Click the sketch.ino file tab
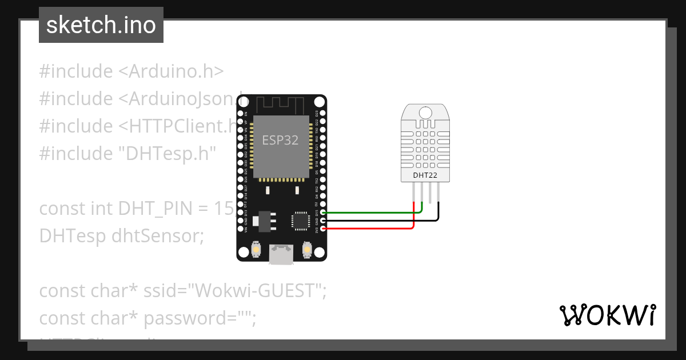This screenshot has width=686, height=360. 101,25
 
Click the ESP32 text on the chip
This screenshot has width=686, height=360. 280,140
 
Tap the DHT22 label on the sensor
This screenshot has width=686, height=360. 425,175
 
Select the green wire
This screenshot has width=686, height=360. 372,213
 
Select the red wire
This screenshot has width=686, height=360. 372,229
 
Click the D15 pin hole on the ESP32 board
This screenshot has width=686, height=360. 323,213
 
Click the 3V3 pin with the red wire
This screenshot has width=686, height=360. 323,229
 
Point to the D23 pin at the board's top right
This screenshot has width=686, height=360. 323,114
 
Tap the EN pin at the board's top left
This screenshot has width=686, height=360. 241,114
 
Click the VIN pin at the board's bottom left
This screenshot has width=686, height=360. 241,229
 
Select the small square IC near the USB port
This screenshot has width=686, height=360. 300,221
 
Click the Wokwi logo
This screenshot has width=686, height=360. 607,315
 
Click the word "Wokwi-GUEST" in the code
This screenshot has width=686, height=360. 256,291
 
